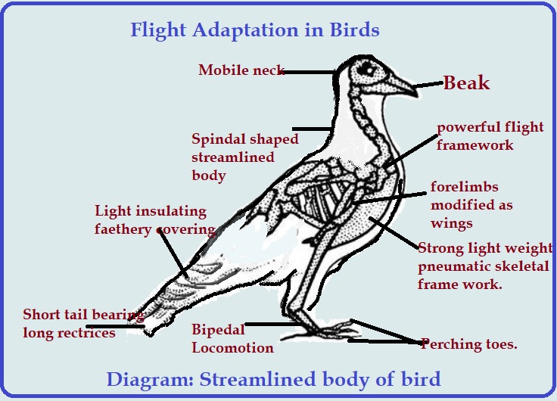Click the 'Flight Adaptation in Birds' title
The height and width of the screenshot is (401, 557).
coord(255,30)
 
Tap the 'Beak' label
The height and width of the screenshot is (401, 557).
coord(466,82)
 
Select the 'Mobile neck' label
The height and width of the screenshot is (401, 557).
coord(241,70)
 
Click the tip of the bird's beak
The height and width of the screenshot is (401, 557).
coord(417,95)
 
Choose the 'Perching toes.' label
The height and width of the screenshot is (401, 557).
coord(468,343)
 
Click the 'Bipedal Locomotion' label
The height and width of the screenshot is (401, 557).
coord(232,338)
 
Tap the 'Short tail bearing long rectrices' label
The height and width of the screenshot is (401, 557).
coord(83,324)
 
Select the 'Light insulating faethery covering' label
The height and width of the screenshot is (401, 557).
coord(155,220)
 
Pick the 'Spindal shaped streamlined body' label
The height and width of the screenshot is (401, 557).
coord(244,157)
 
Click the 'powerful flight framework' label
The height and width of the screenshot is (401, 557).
coord(490,136)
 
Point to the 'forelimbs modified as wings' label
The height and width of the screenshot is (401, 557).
coord(471,205)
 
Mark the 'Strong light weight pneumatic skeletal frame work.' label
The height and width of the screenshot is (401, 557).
coord(485,266)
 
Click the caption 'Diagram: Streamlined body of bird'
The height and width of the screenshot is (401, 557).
coord(273,379)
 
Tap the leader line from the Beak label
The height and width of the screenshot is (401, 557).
coord(428,85)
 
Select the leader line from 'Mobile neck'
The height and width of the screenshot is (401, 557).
coord(310,72)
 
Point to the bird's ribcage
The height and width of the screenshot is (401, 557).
coord(316,199)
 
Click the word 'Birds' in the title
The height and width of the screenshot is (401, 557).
coord(354,30)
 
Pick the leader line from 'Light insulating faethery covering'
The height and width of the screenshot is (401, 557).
coord(173,254)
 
